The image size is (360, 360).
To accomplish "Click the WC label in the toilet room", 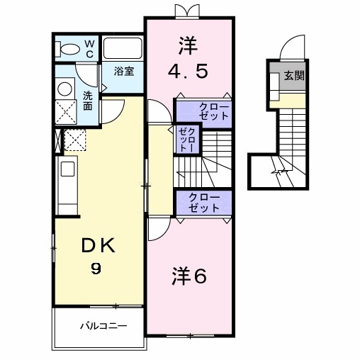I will pyautogui.click(x=90, y=48).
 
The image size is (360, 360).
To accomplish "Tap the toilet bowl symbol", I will pyautogui.click(x=69, y=49).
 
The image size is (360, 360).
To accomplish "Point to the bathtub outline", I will pyautogui.click(x=123, y=49).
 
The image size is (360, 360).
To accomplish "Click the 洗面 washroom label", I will pyautogui.click(x=87, y=101).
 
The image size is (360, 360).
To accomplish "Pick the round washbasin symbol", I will pyautogui.click(x=64, y=89).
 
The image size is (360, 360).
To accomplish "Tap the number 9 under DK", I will pyautogui.click(x=95, y=269).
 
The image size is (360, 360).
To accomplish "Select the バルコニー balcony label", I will pyautogui.click(x=102, y=327).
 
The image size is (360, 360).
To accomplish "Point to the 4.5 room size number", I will pyautogui.click(x=188, y=72).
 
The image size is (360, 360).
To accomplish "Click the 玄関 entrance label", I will pyautogui.click(x=294, y=75).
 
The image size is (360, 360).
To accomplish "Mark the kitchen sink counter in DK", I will pyautogui.click(x=67, y=184).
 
